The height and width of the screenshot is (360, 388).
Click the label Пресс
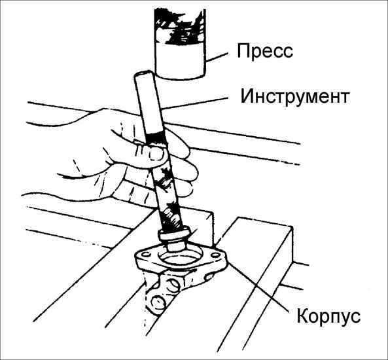265,51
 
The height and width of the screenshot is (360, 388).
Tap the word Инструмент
295,96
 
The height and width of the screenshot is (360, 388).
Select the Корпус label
328,316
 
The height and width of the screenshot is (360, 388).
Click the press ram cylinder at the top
180,44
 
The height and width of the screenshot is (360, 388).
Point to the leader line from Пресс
217,57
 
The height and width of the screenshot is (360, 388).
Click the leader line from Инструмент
194,103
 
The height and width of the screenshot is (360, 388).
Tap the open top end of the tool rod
143,74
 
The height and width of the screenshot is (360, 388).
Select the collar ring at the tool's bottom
175,235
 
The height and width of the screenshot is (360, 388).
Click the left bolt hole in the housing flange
146,254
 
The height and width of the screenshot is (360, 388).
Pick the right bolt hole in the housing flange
216,255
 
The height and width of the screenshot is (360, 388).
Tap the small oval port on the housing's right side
209,276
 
